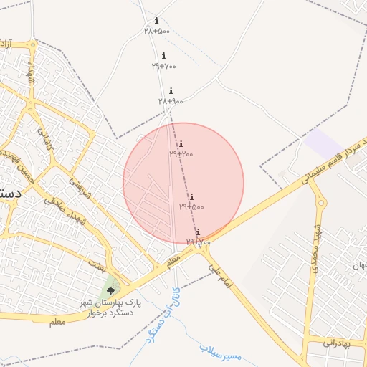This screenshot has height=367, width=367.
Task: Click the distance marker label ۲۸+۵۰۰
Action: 157,31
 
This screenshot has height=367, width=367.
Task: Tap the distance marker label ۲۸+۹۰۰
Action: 171,101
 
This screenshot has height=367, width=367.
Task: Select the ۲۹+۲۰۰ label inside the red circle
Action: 181,154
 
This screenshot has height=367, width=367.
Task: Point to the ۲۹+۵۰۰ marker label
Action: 191,206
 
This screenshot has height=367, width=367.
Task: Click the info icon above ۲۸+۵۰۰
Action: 157,21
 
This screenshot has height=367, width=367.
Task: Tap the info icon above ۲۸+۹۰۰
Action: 171,91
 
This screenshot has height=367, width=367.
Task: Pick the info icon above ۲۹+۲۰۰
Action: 181,144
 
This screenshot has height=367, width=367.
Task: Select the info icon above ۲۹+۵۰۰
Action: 191,196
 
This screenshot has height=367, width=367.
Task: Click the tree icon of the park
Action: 110,290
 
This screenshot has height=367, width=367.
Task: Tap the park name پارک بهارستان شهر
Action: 112,303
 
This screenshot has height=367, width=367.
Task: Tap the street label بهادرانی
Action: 335,343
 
